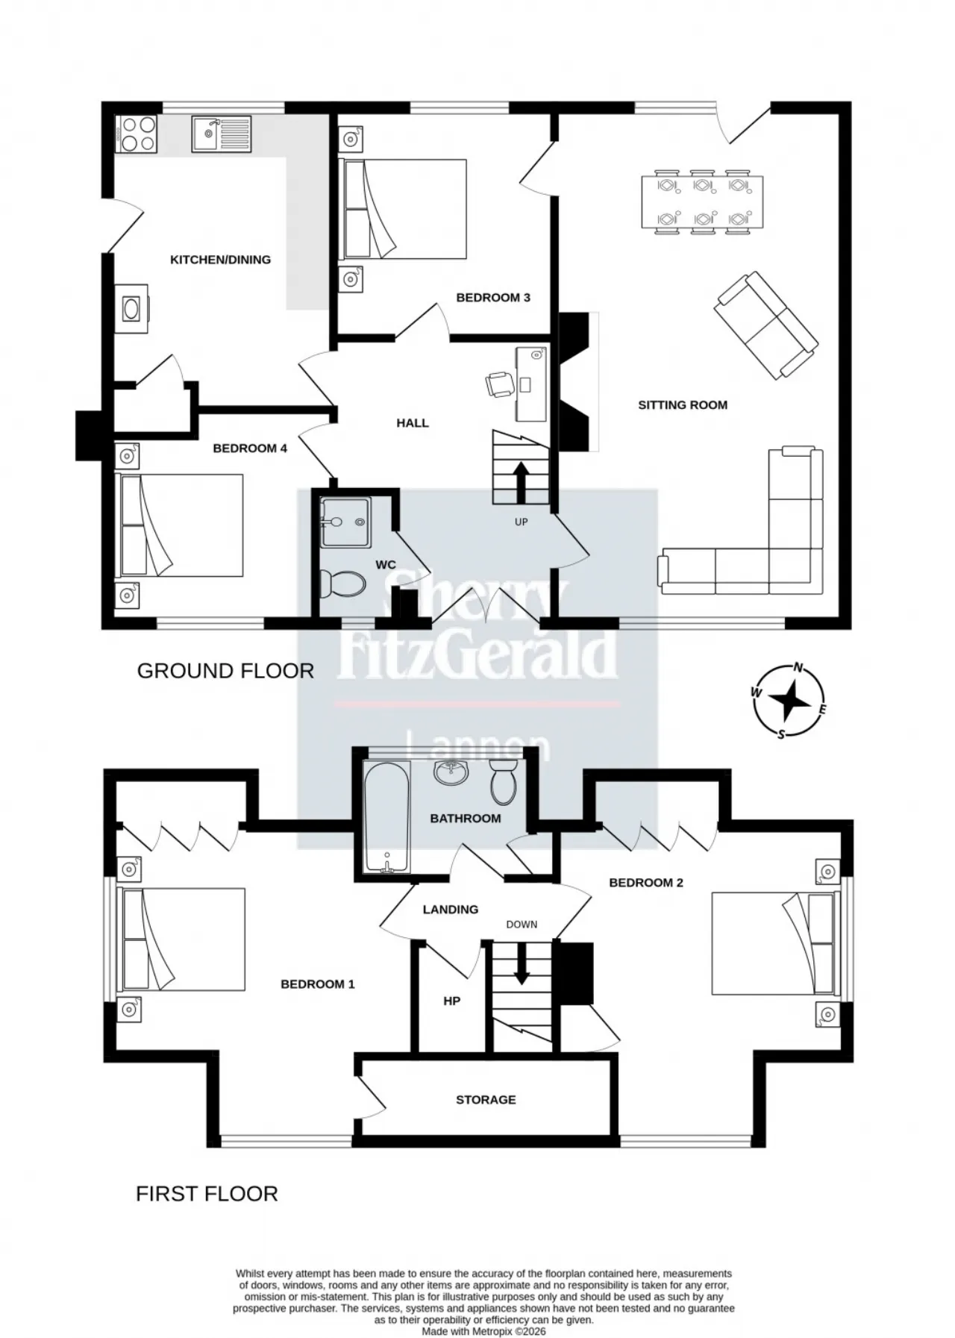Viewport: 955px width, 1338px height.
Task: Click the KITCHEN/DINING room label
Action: click(x=221, y=260)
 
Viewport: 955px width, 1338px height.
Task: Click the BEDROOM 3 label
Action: click(x=493, y=298)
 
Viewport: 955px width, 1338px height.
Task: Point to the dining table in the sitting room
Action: click(x=702, y=201)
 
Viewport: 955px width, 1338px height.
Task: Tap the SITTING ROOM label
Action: click(x=683, y=405)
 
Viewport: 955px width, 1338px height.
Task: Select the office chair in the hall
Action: click(x=498, y=384)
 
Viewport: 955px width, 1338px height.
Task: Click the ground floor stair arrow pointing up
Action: click(x=520, y=482)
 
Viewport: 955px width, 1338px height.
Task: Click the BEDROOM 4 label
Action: click(x=250, y=448)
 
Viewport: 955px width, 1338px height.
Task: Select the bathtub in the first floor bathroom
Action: click(x=386, y=817)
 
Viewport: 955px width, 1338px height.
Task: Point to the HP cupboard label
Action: click(x=451, y=1001)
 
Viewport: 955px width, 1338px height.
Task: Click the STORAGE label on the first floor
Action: click(x=486, y=1100)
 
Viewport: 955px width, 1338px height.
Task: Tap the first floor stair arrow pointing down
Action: click(x=522, y=963)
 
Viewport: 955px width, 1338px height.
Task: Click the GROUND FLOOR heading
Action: click(x=225, y=671)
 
